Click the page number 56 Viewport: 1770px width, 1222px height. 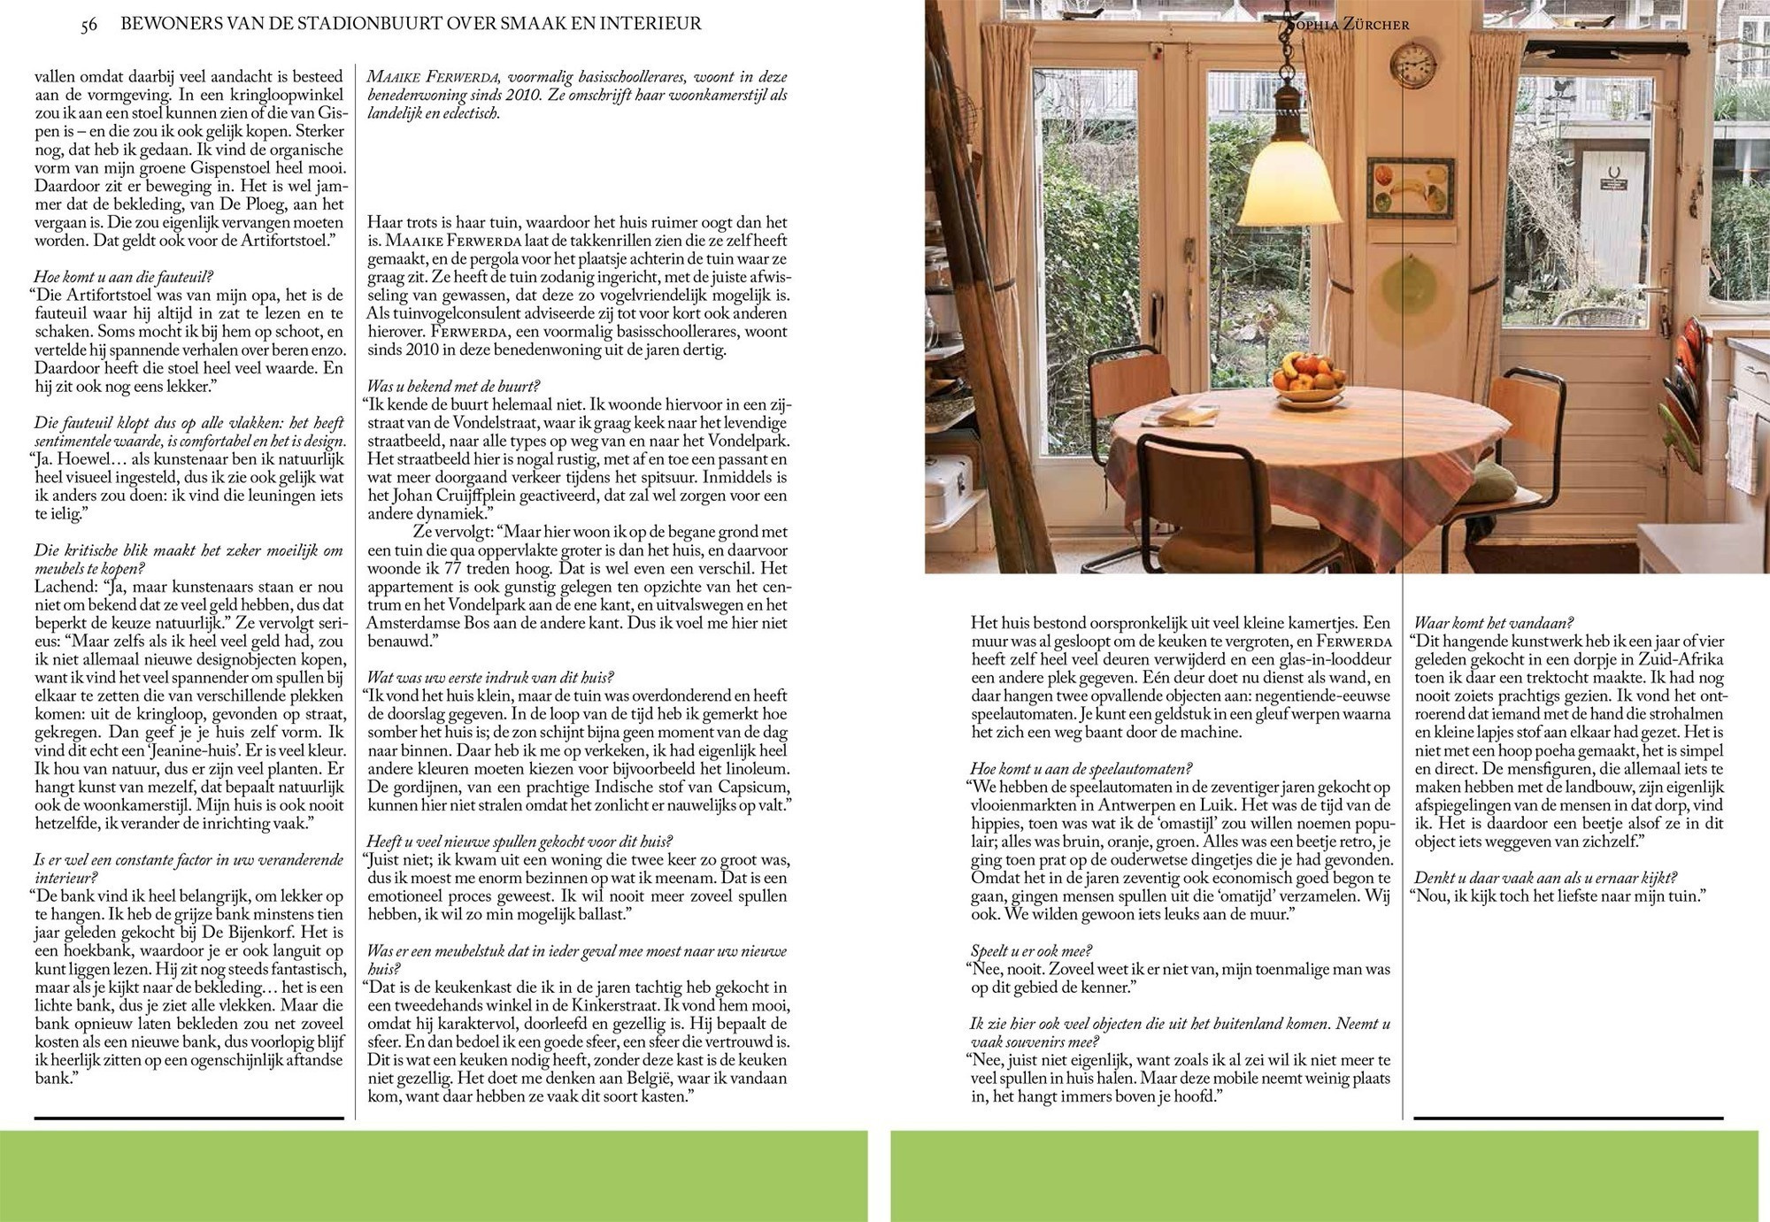(88, 25)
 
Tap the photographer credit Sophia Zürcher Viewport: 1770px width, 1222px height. (1346, 25)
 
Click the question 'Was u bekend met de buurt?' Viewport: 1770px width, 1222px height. (454, 387)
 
